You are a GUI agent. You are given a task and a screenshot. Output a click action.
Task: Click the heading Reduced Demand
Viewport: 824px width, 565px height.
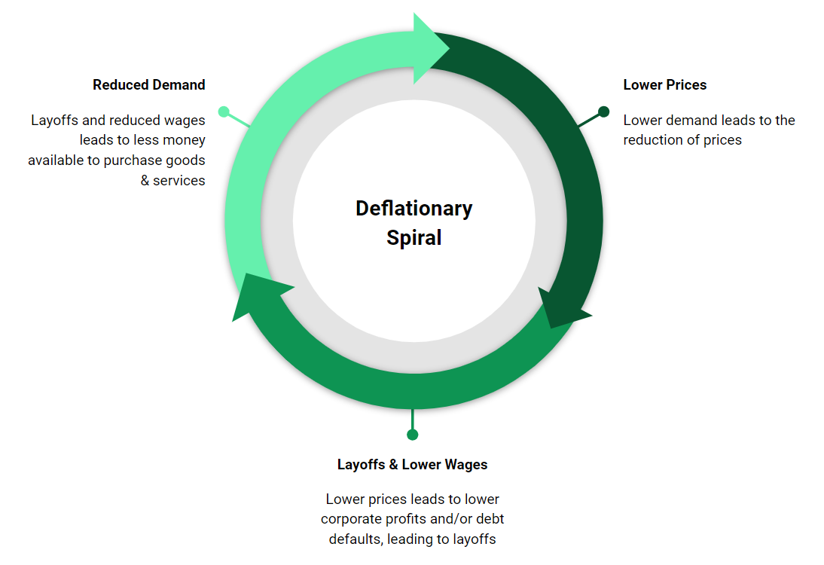pos(149,85)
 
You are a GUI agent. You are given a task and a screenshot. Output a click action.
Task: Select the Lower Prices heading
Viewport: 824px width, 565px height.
pos(664,85)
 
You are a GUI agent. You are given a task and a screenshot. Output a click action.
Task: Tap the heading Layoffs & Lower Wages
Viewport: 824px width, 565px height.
pos(412,464)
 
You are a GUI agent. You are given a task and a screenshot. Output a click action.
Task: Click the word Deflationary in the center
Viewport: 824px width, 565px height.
pos(414,209)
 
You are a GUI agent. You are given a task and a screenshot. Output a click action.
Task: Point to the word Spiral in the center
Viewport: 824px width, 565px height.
pos(414,238)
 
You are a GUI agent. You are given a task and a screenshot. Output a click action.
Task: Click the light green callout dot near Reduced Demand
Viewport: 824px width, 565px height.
pos(224,111)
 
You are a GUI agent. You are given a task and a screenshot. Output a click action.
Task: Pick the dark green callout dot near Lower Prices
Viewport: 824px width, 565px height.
pos(603,111)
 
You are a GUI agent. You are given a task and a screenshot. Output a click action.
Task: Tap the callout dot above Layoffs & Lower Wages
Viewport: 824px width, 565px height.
pos(412,434)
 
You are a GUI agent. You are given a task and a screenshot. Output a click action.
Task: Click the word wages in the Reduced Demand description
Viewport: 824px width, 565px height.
pos(184,121)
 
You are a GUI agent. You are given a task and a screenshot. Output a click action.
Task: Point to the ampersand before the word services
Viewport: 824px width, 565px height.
pos(145,181)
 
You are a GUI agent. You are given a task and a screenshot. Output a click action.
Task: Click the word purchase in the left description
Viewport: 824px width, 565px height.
pos(121,160)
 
